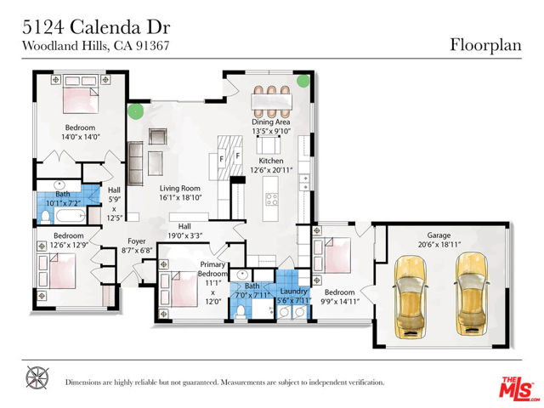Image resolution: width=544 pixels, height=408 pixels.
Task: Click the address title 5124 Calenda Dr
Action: [96, 27]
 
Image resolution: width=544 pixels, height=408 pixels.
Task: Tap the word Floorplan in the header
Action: [485, 45]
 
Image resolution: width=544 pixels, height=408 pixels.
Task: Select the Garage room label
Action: [439, 235]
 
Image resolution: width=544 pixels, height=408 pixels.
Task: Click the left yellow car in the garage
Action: [410, 297]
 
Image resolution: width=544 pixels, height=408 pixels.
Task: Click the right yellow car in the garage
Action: [472, 294]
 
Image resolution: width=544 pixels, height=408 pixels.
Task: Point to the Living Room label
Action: [179, 189]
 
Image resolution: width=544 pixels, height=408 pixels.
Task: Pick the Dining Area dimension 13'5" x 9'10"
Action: [271, 131]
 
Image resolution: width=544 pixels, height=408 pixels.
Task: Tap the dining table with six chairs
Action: [271, 101]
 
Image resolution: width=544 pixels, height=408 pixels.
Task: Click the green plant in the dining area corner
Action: [303, 82]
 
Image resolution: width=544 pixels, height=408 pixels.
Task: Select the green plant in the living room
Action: [135, 111]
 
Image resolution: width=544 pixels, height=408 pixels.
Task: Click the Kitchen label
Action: [271, 161]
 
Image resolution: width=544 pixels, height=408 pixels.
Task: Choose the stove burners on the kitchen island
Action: [271, 200]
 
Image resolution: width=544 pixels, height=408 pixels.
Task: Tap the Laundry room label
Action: [293, 292]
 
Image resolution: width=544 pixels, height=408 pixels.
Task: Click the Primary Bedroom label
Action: [212, 269]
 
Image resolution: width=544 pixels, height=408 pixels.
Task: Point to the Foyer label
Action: [136, 241]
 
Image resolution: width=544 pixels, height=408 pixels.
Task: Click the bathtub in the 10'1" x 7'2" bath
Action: [71, 217]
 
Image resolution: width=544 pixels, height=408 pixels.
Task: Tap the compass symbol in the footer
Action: [37, 377]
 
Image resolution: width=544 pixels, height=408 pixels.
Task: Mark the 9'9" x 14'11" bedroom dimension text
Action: [340, 302]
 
